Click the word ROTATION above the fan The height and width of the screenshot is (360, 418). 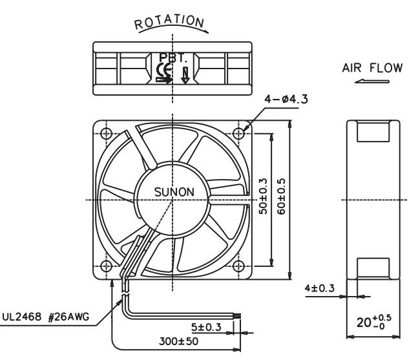point(169,23)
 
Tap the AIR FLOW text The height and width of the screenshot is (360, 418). point(372,68)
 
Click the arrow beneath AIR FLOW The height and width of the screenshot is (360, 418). point(372,81)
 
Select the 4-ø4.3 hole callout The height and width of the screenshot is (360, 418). point(286,99)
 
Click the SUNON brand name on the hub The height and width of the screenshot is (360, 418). point(174,192)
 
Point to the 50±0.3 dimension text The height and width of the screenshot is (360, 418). point(262,196)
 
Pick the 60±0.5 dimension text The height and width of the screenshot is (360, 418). point(281,196)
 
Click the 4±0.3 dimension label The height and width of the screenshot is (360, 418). point(319,288)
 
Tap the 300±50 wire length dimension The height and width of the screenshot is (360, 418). point(178,341)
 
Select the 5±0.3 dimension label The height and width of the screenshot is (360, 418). point(206,327)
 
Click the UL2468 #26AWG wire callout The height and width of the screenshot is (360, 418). point(46,317)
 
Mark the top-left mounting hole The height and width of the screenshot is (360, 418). point(106,132)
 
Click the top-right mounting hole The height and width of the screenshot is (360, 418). point(238,132)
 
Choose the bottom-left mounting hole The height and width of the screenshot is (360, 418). point(106,266)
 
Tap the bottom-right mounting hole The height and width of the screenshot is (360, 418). point(238,266)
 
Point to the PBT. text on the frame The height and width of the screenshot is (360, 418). point(172,58)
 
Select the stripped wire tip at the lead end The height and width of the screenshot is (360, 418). point(237,316)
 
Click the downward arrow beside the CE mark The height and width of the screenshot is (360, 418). point(185,76)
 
